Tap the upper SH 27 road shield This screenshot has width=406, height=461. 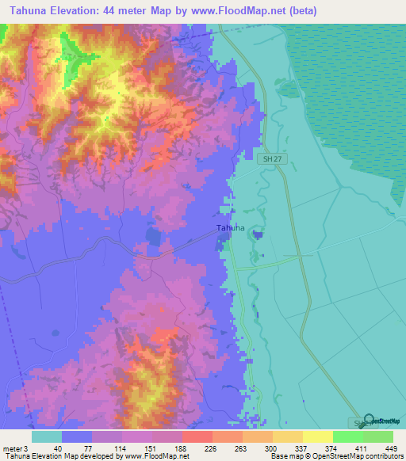click(270, 159)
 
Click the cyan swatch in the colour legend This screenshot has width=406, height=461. click(46, 436)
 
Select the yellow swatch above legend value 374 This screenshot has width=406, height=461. click(317, 436)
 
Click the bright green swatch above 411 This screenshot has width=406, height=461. click(347, 436)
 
